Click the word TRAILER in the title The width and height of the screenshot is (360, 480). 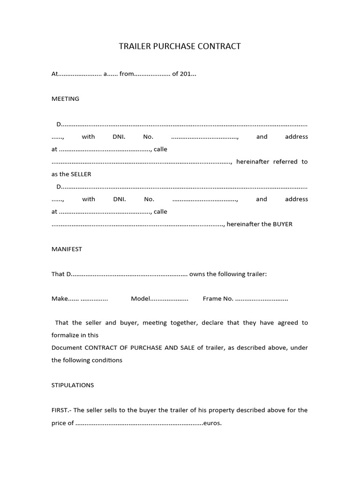(134, 46)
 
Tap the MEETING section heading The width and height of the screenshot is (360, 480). (65, 99)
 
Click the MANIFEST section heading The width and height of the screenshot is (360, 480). (67, 249)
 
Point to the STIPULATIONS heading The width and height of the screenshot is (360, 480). (72, 385)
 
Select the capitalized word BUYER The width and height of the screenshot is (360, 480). (283, 224)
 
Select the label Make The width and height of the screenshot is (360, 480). (60, 299)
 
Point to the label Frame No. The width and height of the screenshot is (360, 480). (218, 299)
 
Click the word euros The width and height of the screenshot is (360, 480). (212, 423)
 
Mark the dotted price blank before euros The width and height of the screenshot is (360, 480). (139, 423)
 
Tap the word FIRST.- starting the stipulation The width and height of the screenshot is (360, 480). (61, 410)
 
